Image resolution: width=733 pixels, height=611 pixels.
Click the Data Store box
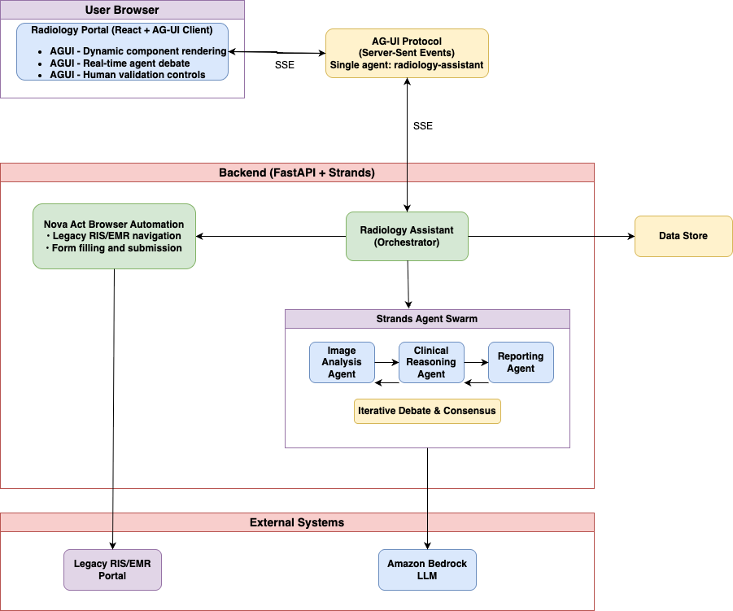tap(683, 236)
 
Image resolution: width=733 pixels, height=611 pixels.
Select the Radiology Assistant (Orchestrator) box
tap(407, 236)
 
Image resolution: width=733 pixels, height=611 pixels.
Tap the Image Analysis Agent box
tap(342, 362)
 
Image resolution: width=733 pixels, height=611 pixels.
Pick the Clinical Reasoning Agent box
tap(431, 362)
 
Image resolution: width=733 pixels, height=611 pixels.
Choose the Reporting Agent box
tap(521, 362)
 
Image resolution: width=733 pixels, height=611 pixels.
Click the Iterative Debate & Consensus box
tap(427, 411)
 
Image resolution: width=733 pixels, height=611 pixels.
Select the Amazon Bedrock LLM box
tap(427, 570)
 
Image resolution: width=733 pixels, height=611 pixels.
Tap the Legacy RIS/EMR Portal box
tap(112, 570)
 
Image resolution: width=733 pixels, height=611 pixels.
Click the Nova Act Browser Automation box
tap(114, 236)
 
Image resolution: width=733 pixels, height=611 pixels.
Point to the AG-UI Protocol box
tap(407, 54)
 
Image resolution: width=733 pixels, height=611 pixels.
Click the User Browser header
tap(123, 10)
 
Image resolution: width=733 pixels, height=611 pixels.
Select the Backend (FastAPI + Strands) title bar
tap(297, 172)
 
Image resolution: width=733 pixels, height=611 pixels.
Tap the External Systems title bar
tap(297, 522)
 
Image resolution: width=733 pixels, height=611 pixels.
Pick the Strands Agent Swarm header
tap(427, 319)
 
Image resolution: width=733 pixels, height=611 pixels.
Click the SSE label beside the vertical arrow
tap(423, 126)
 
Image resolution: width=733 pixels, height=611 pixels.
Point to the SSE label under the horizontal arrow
tap(285, 65)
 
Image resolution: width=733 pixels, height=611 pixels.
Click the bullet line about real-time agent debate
tap(120, 63)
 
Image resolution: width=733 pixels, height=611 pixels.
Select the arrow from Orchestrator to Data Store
tap(552, 236)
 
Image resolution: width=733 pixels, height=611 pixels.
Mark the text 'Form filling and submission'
tap(117, 248)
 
